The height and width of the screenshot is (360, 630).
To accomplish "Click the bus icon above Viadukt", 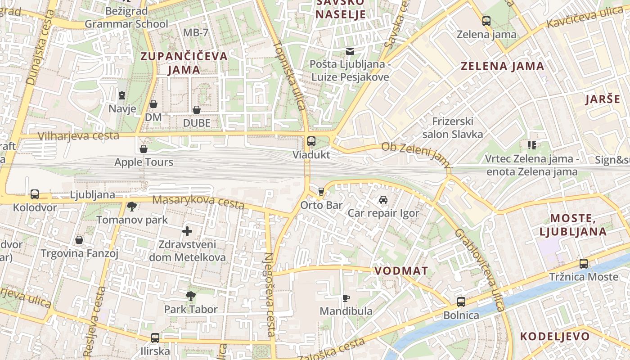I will pyautogui.click(x=311, y=141).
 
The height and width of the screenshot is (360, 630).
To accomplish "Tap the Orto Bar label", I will pyautogui.click(x=321, y=205).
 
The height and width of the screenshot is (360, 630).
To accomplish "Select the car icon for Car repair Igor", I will pyautogui.click(x=383, y=199).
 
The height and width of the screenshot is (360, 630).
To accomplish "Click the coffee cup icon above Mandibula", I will pyautogui.click(x=346, y=298).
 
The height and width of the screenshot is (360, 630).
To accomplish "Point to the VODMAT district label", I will pyautogui.click(x=401, y=271).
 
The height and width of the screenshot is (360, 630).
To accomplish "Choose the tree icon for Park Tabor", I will pyautogui.click(x=191, y=296).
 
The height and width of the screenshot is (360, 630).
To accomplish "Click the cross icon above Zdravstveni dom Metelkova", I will pyautogui.click(x=187, y=231).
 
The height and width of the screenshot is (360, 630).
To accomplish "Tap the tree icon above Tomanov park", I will pyautogui.click(x=132, y=207).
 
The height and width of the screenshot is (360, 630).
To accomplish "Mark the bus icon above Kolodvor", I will pyautogui.click(x=35, y=194).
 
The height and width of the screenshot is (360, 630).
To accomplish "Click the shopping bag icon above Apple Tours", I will pyautogui.click(x=144, y=148).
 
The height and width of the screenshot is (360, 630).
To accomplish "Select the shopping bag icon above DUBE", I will pyautogui.click(x=197, y=109).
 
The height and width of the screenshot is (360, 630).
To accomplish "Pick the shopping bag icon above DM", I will pyautogui.click(x=153, y=104).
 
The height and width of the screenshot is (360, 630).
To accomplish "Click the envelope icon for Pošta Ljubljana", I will pyautogui.click(x=350, y=51).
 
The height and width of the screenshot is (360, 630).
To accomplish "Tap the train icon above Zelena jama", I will pyautogui.click(x=486, y=21).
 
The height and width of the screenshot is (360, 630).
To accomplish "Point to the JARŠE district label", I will pyautogui.click(x=603, y=99).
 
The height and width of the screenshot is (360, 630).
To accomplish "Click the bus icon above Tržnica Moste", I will pyautogui.click(x=584, y=263).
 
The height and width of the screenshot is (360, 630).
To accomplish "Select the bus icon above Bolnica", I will pyautogui.click(x=461, y=301).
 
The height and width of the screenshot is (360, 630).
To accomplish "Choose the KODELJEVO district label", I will pyautogui.click(x=555, y=336).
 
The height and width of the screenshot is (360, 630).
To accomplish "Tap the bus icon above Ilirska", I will pyautogui.click(x=155, y=337).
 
